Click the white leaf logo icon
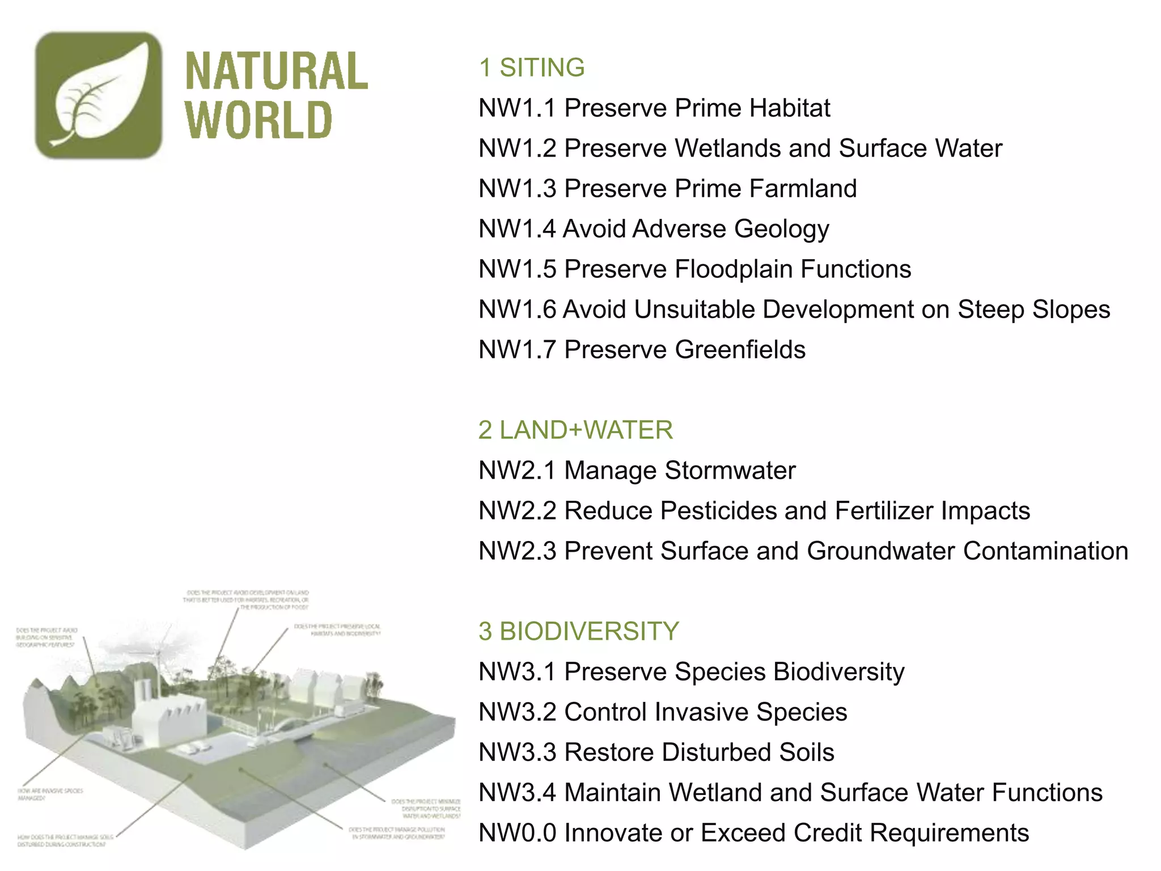click(x=99, y=95)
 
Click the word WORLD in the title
click(x=259, y=120)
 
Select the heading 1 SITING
click(x=531, y=67)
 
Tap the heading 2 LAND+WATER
click(x=575, y=430)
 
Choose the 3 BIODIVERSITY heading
click(x=578, y=631)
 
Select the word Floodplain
click(x=735, y=269)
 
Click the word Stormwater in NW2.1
click(x=730, y=471)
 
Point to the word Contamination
click(x=1045, y=551)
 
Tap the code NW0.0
click(x=517, y=833)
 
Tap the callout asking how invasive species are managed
click(x=50, y=794)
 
